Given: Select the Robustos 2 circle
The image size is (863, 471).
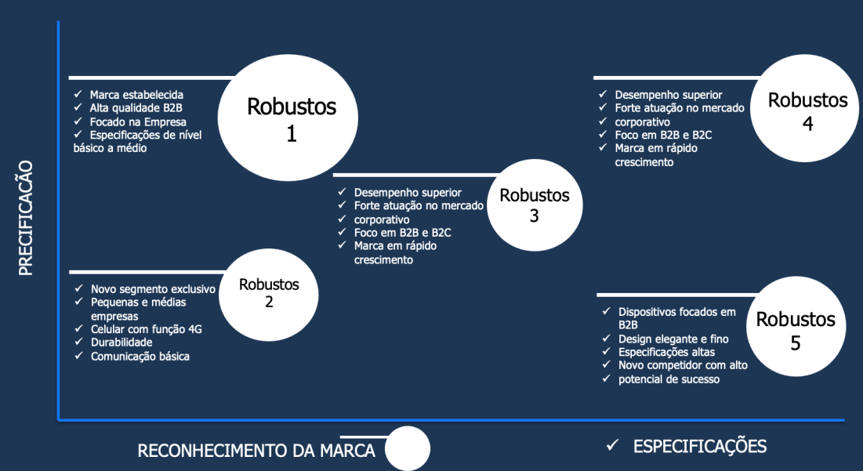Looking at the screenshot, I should point(269,293).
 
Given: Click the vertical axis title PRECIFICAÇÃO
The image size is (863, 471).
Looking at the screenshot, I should point(26,218).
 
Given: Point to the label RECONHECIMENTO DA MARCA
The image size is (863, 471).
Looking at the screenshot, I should point(256,451).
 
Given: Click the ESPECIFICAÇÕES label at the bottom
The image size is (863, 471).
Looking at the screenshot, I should point(699,447).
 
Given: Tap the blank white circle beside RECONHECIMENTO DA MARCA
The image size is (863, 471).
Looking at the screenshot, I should point(408,449).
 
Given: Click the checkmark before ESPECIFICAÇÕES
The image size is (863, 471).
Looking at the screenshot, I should point(613,446).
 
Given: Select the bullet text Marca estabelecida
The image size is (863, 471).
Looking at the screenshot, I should point(136,94).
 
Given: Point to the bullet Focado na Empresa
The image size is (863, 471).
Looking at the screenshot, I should point(138,121).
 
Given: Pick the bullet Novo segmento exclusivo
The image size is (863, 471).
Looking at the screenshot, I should point(153,288).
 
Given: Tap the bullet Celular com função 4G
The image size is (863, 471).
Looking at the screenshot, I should point(147,329).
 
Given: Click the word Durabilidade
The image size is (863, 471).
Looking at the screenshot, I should point(121,342).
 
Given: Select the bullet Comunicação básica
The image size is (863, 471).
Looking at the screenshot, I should point(140,356).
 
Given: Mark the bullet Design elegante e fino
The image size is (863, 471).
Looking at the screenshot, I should point(673,339).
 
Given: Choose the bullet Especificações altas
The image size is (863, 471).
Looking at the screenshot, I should point(667,352).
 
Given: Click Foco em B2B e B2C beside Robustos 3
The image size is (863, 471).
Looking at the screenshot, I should point(402,232).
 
